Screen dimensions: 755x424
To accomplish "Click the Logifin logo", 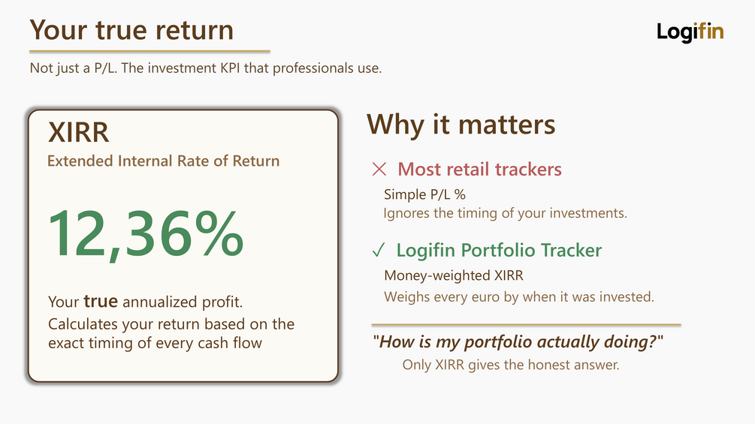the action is pyautogui.click(x=690, y=32).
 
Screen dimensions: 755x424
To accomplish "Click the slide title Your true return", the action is pyautogui.click(x=131, y=30).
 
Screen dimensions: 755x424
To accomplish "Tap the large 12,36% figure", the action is pyautogui.click(x=146, y=234).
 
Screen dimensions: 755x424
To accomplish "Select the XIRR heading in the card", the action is pyautogui.click(x=78, y=132).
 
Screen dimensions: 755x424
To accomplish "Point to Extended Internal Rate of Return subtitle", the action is pyautogui.click(x=163, y=161).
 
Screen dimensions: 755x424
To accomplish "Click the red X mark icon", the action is pyautogui.click(x=379, y=169).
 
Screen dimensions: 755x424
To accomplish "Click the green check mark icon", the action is pyautogui.click(x=379, y=250).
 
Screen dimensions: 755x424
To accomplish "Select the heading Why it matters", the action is pyautogui.click(x=461, y=124).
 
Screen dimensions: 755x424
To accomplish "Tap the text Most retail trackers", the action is pyautogui.click(x=479, y=169).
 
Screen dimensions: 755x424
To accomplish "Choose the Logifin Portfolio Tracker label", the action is pyautogui.click(x=499, y=250).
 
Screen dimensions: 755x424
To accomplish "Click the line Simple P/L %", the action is pyautogui.click(x=424, y=194).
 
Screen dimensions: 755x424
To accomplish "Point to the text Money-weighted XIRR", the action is pyautogui.click(x=454, y=275).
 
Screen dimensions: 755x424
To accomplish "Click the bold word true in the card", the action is pyautogui.click(x=101, y=302).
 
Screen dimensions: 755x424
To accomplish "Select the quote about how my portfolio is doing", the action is pyautogui.click(x=518, y=341).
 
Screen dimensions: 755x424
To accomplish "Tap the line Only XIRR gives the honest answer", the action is pyautogui.click(x=511, y=365).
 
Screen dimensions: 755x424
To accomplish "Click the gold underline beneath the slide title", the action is pyautogui.click(x=149, y=51).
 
